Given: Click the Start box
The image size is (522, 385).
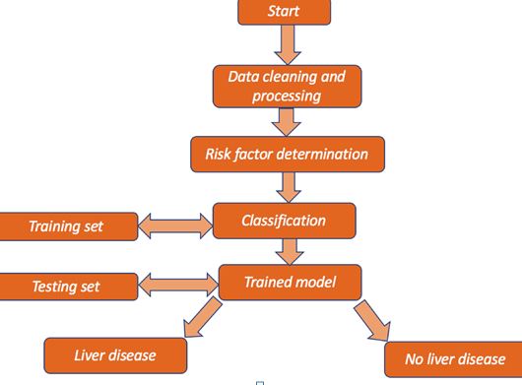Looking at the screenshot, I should point(284,12).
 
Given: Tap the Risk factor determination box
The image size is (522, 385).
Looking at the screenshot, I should point(287,154).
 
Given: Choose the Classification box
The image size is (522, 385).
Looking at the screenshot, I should point(284,221).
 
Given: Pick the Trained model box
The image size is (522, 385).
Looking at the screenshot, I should point(290,284).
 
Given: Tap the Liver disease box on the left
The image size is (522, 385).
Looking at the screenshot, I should point(115,354).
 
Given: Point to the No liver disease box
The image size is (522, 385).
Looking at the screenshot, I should point(449,357).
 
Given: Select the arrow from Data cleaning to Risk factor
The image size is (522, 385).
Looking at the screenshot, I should point(288,121).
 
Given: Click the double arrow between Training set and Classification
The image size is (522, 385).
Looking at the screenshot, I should point(174,225).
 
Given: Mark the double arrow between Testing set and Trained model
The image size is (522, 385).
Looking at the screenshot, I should point(176,287).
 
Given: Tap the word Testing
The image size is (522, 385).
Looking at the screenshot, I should point(52,288).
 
